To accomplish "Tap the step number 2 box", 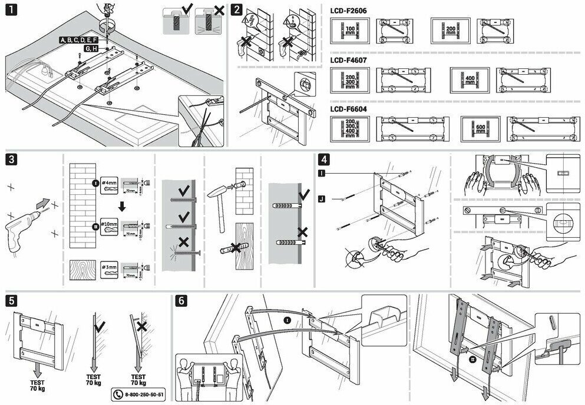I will tap(236, 11).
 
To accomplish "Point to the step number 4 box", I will tap(323, 160).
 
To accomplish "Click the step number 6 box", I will tap(182, 300).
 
